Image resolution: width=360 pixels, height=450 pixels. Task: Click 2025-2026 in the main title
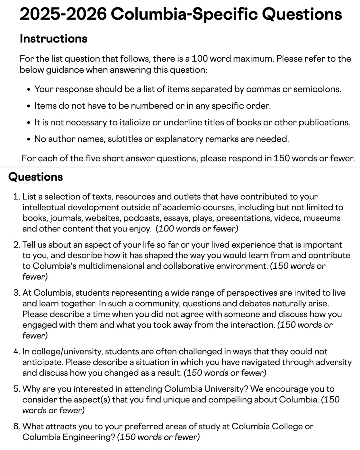(x=63, y=14)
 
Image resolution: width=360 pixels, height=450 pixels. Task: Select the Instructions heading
(x=53, y=39)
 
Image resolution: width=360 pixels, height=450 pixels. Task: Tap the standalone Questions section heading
(x=35, y=177)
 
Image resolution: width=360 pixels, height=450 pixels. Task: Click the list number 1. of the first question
(x=17, y=197)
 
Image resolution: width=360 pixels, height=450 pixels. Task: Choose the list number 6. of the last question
(x=17, y=427)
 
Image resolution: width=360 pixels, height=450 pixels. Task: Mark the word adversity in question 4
(x=334, y=362)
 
